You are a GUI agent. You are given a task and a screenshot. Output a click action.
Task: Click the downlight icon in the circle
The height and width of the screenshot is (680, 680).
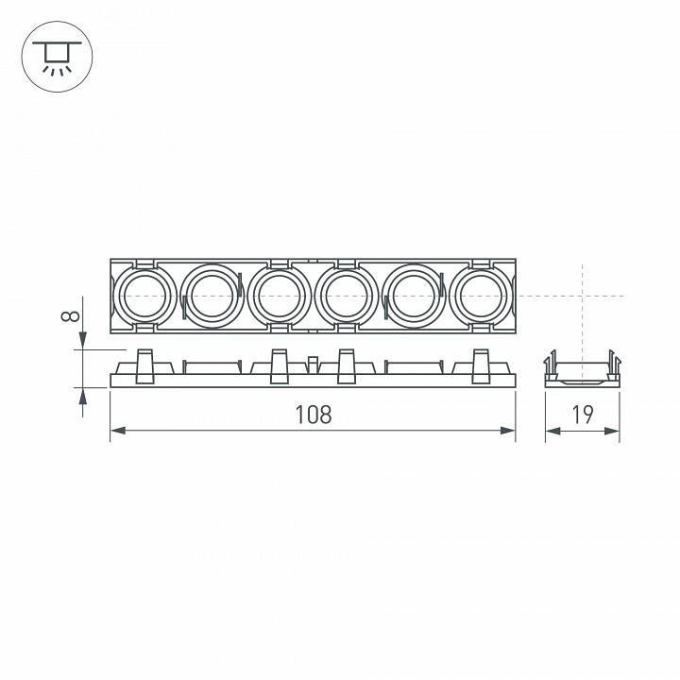[x=56, y=56]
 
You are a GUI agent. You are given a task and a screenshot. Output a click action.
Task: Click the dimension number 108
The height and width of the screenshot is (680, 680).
[x=312, y=414]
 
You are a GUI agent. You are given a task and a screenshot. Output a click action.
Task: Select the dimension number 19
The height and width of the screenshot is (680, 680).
[x=583, y=414]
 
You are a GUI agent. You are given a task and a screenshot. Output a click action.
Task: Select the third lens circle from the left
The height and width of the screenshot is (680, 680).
[x=280, y=296]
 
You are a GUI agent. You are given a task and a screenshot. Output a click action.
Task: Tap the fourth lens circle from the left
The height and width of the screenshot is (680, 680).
[x=347, y=296]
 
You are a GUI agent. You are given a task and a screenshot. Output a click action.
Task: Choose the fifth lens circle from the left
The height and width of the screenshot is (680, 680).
[x=414, y=296]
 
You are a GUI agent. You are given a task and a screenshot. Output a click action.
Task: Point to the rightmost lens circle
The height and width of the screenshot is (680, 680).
[x=482, y=296]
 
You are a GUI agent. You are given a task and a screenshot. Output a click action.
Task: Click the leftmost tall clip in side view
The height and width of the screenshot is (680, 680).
[x=144, y=366]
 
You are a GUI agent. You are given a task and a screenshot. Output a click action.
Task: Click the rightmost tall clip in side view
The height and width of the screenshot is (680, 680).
[x=482, y=366]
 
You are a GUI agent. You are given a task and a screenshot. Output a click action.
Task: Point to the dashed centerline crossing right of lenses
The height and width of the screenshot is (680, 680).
[x=583, y=296]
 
